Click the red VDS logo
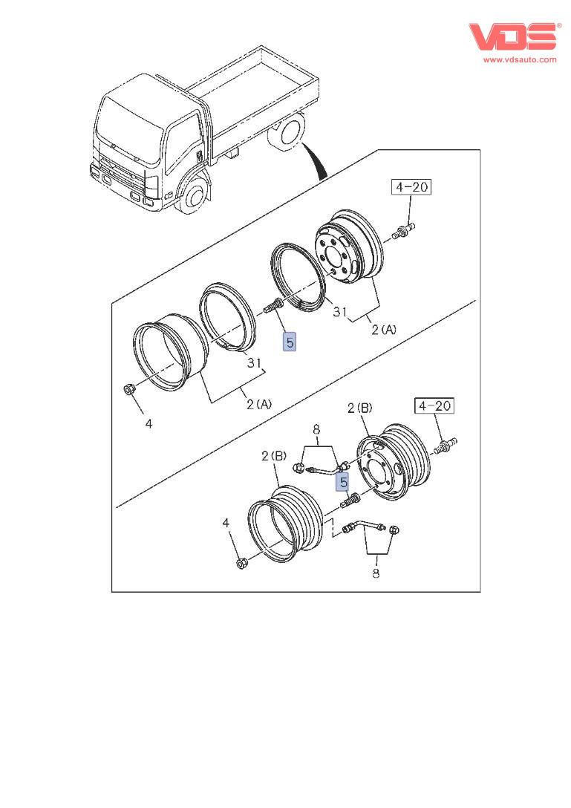513,37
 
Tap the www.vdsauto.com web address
520,59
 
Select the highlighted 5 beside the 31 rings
290,342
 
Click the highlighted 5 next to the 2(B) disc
344,483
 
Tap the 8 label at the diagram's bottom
376,573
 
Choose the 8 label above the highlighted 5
316,429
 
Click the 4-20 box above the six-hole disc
412,187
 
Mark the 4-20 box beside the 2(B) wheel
434,405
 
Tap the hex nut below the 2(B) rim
241,564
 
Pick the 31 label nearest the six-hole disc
340,313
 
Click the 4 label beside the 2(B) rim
228,524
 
